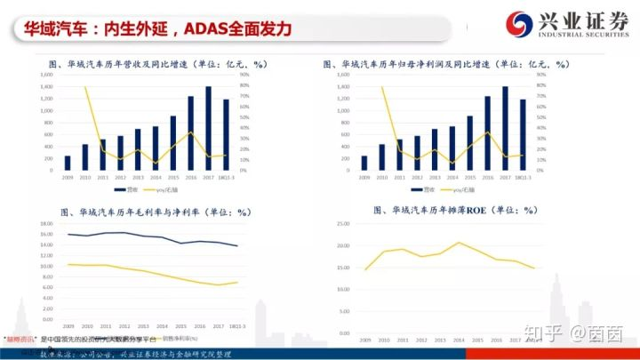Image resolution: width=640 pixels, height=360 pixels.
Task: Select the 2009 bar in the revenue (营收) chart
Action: pyautogui.click(x=67, y=162)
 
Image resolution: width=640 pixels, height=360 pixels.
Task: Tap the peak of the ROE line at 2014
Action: pyautogui.click(x=459, y=243)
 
